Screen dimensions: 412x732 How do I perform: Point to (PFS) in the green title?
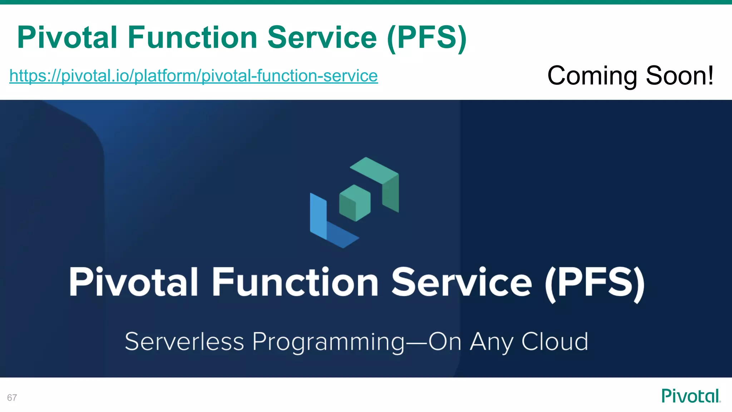[427, 38]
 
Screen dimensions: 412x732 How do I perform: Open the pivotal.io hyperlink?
[193, 76]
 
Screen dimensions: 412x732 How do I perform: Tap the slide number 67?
[12, 398]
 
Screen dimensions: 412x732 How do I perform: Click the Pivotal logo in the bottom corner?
[691, 396]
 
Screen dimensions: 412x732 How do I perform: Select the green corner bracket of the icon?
[382, 181]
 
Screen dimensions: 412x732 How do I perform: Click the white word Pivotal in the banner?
[133, 282]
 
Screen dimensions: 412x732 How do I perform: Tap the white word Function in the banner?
[295, 282]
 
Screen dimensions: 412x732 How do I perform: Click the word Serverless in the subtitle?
[184, 342]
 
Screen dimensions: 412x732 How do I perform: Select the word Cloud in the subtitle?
[554, 342]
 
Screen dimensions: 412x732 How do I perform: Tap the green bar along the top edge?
[366, 2]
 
